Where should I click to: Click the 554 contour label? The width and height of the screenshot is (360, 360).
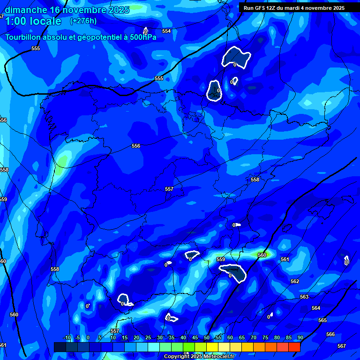(x=166, y=31)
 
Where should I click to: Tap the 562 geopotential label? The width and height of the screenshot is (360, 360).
(x=294, y=281)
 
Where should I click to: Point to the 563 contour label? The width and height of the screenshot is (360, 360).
(x=304, y=297)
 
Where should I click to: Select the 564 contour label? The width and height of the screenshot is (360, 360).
(x=316, y=308)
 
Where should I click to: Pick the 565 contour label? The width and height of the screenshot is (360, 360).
(x=322, y=320)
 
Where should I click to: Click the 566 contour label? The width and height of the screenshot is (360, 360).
(x=330, y=334)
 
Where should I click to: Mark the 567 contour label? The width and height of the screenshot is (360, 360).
(x=341, y=346)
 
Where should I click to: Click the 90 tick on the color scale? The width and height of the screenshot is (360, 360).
(x=300, y=337)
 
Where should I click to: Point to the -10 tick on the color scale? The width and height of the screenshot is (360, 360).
(x=67, y=337)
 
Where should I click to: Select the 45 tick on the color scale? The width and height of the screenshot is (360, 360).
(x=195, y=337)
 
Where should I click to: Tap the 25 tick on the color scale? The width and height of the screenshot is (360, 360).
(x=148, y=337)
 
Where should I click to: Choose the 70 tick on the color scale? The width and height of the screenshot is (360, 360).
(x=253, y=337)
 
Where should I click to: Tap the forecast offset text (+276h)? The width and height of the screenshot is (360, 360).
(x=83, y=21)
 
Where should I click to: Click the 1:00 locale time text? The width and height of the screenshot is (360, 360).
(x=33, y=21)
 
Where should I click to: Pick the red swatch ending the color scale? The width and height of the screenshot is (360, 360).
(x=294, y=347)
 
